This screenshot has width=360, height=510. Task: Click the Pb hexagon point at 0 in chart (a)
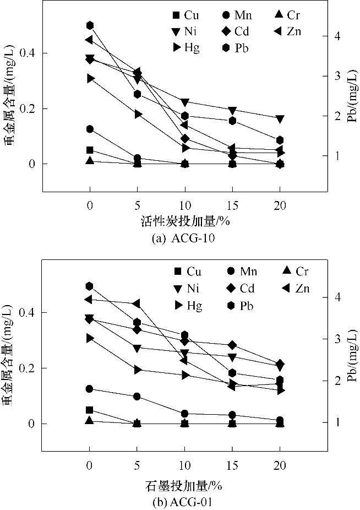pos(90,25)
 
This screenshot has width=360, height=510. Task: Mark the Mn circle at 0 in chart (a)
pos(90,129)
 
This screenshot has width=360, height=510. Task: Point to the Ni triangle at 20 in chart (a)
pos(280,119)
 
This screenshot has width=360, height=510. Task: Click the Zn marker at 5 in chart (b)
pos(137,303)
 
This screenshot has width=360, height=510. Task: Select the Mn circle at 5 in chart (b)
pos(137,397)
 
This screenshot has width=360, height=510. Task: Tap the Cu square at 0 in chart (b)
pos(90,410)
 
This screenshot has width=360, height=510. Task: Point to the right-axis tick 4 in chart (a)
pos(344,36)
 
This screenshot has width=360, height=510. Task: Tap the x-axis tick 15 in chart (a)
pos(232,203)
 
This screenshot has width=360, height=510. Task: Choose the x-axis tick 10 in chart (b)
pos(184,462)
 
